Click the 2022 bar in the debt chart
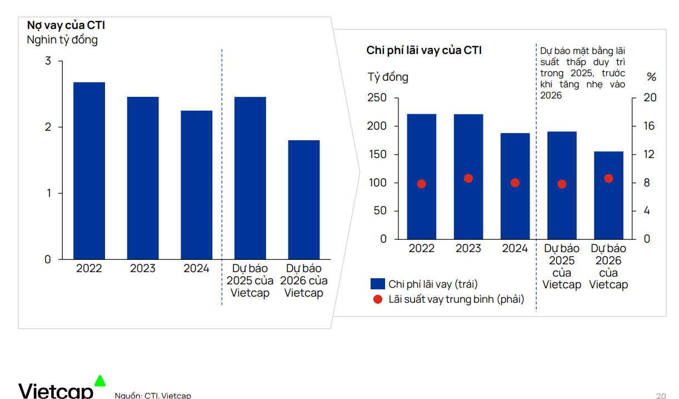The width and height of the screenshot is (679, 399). (x=89, y=170)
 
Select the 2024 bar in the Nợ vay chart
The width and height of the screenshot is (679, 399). (x=197, y=185)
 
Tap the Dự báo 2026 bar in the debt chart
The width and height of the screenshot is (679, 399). (x=304, y=199)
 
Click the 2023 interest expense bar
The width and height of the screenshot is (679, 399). (x=468, y=176)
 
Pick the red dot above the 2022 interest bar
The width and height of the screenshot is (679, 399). (x=422, y=184)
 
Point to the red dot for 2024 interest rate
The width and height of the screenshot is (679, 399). (x=515, y=183)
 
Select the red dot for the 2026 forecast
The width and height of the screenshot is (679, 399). (x=608, y=179)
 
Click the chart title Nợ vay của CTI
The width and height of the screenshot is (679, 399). (x=66, y=25)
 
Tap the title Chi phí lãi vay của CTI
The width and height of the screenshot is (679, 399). (x=424, y=51)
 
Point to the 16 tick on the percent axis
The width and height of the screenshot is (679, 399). (x=649, y=126)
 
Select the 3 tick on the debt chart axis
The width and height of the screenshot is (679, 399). (x=48, y=61)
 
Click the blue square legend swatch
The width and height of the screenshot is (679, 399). (x=378, y=284)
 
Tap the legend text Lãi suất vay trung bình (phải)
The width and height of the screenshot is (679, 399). (x=456, y=299)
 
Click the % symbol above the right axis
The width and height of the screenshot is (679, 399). (x=651, y=77)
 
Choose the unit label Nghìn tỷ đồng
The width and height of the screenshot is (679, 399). (x=62, y=40)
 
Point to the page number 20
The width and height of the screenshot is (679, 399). (x=661, y=396)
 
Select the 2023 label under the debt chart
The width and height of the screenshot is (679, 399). (x=143, y=269)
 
